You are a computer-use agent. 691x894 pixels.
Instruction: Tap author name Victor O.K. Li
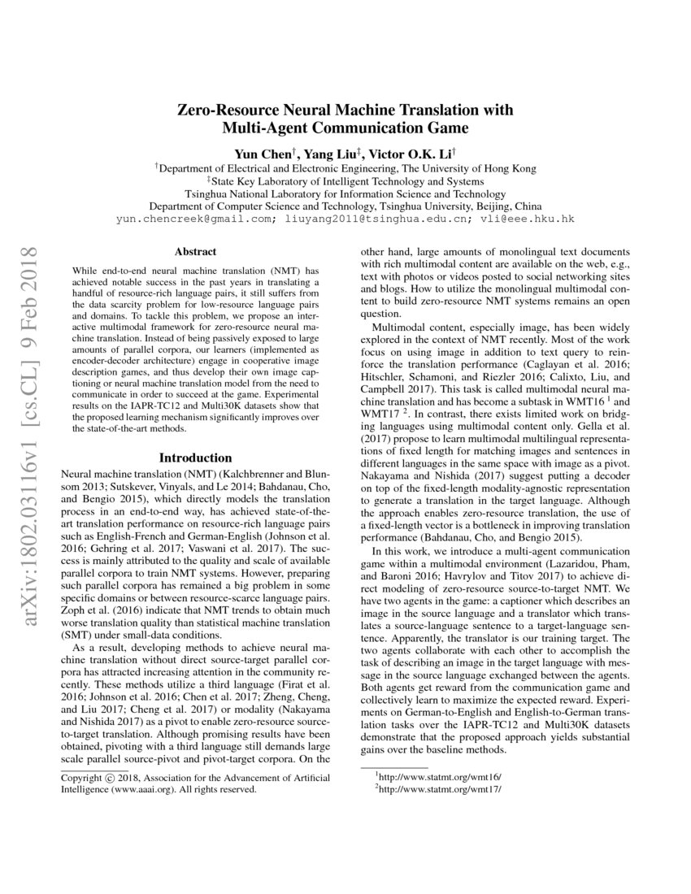click(414, 153)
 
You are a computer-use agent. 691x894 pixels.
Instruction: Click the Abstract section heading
click(196, 253)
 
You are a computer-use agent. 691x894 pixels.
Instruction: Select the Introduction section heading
click(196, 458)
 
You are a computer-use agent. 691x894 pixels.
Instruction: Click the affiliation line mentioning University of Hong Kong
click(345, 168)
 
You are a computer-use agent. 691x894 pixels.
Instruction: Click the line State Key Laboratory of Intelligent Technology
click(345, 181)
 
